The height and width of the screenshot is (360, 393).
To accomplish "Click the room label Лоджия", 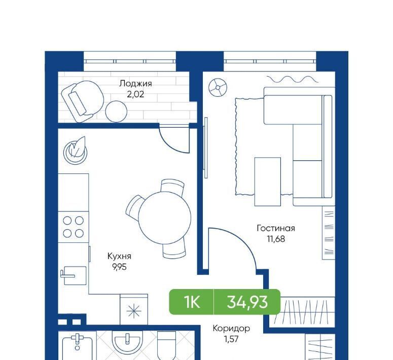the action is tap(135, 84).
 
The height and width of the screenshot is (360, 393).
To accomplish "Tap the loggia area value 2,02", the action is tap(135, 94).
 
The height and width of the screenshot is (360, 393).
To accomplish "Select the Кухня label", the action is tap(119, 257).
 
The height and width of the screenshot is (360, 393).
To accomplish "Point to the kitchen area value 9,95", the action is tap(120, 267).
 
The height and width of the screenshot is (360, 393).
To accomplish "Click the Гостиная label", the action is tap(276, 228).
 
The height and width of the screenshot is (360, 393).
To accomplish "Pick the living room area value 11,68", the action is tap(276, 239).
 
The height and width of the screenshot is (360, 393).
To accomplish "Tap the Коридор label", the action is tap(231, 329).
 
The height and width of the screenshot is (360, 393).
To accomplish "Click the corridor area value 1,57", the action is tap(231, 339).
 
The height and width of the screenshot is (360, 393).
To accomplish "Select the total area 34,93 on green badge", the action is tap(247, 302).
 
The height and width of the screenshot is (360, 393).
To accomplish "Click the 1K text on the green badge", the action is tap(192, 302).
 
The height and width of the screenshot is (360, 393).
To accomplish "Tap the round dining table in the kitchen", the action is tap(165, 218).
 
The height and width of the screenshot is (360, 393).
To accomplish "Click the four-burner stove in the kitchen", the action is tap(73, 227).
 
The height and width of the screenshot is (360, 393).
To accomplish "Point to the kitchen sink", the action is tap(74, 275).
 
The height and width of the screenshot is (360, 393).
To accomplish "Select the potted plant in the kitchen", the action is tap(75, 151).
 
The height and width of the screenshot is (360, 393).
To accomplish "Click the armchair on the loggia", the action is tap(83, 101).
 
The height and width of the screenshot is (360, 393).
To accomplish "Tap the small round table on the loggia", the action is tap(116, 112).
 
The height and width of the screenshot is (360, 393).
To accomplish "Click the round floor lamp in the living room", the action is tap(218, 88).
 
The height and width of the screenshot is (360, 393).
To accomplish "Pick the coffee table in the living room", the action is tap(268, 182).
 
